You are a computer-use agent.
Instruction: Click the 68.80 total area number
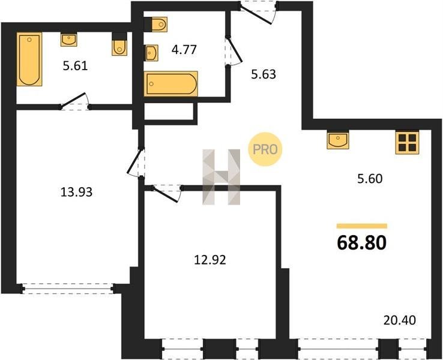tap(361, 243)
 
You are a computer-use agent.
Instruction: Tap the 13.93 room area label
tap(77, 192)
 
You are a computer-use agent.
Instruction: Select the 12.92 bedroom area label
tap(210, 260)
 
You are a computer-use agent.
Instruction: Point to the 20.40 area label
tap(400, 320)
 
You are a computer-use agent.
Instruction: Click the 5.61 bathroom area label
tap(75, 66)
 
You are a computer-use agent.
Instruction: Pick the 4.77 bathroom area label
tap(184, 50)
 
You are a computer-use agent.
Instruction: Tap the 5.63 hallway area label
tap(264, 74)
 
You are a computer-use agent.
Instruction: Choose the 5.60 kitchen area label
tap(370, 179)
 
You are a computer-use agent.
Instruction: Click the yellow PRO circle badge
tap(265, 149)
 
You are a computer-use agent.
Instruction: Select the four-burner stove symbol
tap(407, 143)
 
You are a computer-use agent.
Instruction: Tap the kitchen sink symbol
tap(338, 140)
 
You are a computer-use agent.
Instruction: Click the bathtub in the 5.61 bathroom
tap(29, 59)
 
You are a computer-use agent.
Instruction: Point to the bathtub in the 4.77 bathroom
tap(170, 84)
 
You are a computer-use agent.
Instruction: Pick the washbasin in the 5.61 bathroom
tap(68, 40)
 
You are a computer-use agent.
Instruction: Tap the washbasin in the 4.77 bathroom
tap(152, 53)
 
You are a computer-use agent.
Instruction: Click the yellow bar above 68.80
tap(361, 226)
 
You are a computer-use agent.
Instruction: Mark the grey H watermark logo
tap(221, 177)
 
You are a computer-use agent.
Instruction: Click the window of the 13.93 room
tap(68, 289)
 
